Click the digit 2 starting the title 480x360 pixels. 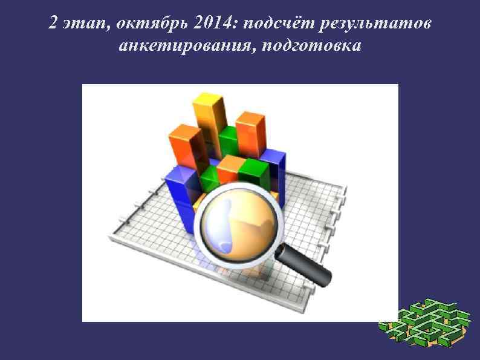[x=53, y=24]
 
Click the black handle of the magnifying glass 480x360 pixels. [x=308, y=267]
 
